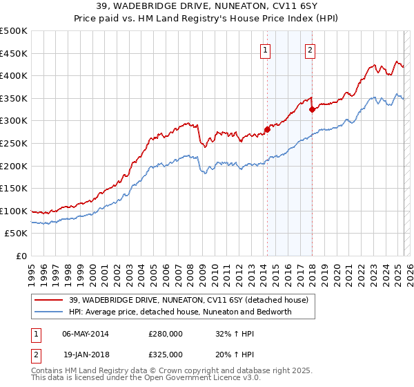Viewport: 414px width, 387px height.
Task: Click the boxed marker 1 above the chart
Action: click(x=266, y=49)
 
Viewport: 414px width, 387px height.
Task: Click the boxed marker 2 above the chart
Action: click(x=310, y=49)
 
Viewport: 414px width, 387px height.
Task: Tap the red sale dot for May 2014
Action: click(x=267, y=129)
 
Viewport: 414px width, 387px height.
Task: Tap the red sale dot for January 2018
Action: click(x=312, y=109)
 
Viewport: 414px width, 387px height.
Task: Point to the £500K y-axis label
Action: click(x=14, y=31)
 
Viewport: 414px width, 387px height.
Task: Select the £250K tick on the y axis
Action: click(x=14, y=143)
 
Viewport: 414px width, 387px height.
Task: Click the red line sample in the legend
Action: click(x=49, y=300)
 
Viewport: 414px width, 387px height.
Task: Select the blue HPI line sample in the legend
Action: click(x=49, y=312)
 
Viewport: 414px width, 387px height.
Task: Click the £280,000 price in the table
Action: click(x=165, y=334)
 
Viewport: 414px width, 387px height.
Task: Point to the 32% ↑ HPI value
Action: click(x=233, y=334)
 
